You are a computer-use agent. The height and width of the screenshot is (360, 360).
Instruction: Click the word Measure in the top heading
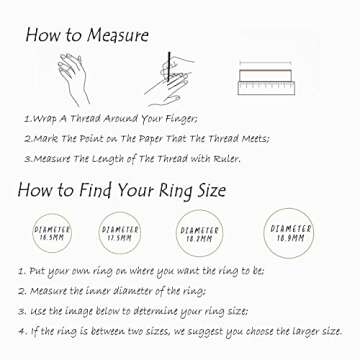[x=112, y=35]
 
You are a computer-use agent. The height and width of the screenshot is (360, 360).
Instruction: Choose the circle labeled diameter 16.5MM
[x=53, y=233]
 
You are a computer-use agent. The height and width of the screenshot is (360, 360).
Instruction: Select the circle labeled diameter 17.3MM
[x=120, y=233]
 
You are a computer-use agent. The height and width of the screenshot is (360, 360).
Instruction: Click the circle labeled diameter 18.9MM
[x=289, y=235]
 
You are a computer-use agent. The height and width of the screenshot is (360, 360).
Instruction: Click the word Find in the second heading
[x=85, y=190]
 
